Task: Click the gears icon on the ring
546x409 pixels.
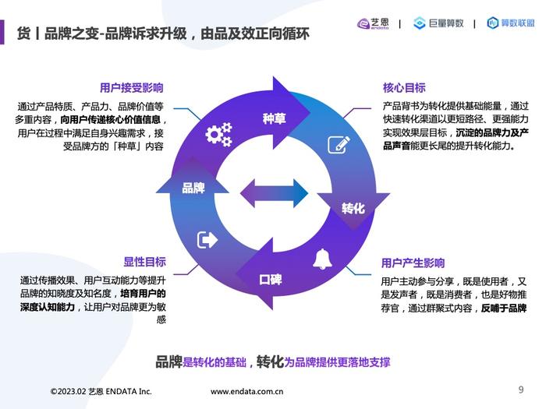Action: coord(218,134)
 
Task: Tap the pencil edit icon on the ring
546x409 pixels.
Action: coord(339,145)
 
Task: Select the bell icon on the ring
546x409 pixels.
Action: coord(322,259)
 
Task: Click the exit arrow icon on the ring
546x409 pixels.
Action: coord(207,240)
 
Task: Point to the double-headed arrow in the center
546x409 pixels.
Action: coord(274,193)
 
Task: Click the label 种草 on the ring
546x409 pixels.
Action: coord(275,118)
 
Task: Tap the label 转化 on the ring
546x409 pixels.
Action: coord(353,208)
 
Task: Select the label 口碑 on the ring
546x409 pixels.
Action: coord(271,279)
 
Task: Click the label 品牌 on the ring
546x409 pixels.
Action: coord(193,189)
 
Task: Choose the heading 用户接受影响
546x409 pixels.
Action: coord(132,87)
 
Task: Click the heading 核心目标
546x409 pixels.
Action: coord(404,87)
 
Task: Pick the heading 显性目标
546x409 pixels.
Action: coord(145,262)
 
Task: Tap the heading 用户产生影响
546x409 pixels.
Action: coord(413,263)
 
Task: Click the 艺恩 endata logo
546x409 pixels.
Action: coord(373,23)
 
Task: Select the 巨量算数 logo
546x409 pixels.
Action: coord(438,23)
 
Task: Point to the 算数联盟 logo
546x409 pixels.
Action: coord(510,23)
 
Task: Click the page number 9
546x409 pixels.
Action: coord(521,390)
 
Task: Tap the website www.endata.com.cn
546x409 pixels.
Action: coord(247,392)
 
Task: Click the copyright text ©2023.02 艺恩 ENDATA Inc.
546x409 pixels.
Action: coord(101,391)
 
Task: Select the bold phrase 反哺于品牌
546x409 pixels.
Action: coord(504,309)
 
